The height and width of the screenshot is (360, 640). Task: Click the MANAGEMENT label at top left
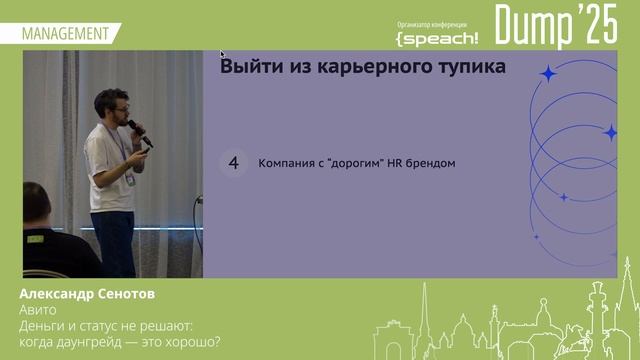pos(65,33)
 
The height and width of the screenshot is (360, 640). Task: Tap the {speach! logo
pos(437,38)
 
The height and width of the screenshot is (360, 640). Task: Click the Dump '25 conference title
pos(556,26)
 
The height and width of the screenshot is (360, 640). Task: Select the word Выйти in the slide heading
pos(250,67)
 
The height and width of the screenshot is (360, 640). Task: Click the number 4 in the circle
pos(234,163)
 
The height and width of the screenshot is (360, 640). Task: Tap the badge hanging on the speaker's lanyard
pos(130,181)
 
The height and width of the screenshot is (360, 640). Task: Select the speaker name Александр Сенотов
pos(87,296)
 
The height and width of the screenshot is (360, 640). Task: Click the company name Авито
pos(38,310)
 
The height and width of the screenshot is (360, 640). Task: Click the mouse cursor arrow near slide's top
pos(222,54)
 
